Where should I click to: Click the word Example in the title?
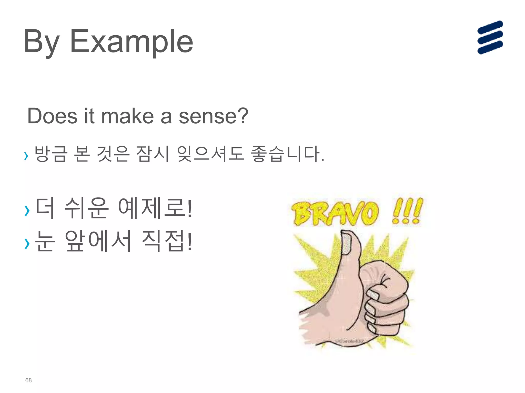pyautogui.click(x=131, y=41)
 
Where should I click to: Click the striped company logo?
pyautogui.click(x=490, y=37)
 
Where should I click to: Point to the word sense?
pyautogui.click(x=213, y=116)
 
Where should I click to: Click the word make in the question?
pyautogui.click(x=127, y=116)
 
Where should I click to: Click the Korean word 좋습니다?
pyautogui.click(x=287, y=154)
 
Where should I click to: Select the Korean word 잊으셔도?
pyautogui.click(x=210, y=154)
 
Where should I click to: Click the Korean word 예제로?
pyautogui.click(x=155, y=209)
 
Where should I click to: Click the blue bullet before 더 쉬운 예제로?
pyautogui.click(x=27, y=211)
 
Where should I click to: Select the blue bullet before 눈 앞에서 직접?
pyautogui.click(x=27, y=243)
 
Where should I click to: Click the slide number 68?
pyautogui.click(x=28, y=380)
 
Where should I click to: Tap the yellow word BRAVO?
pyautogui.click(x=335, y=213)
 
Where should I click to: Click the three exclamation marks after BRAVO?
pyautogui.click(x=407, y=211)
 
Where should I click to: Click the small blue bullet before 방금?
pyautogui.click(x=26, y=156)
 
